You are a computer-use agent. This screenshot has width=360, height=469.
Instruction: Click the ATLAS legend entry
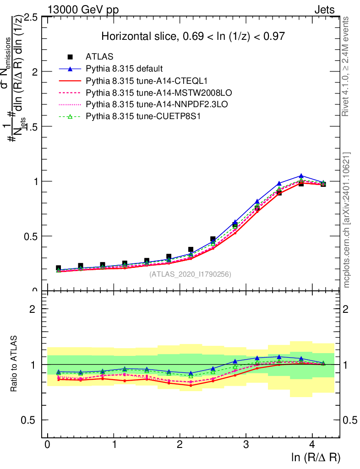click(97, 57)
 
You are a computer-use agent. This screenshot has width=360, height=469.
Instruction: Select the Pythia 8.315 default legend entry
click(124, 69)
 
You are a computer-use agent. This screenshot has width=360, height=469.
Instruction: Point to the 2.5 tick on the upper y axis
click(32, 17)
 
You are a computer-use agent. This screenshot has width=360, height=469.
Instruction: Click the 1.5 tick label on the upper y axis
click(32, 126)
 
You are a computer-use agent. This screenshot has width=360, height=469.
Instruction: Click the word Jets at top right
click(324, 10)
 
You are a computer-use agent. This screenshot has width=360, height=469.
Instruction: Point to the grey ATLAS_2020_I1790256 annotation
click(190, 274)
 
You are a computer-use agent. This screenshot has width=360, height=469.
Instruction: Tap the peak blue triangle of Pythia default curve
click(301, 176)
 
